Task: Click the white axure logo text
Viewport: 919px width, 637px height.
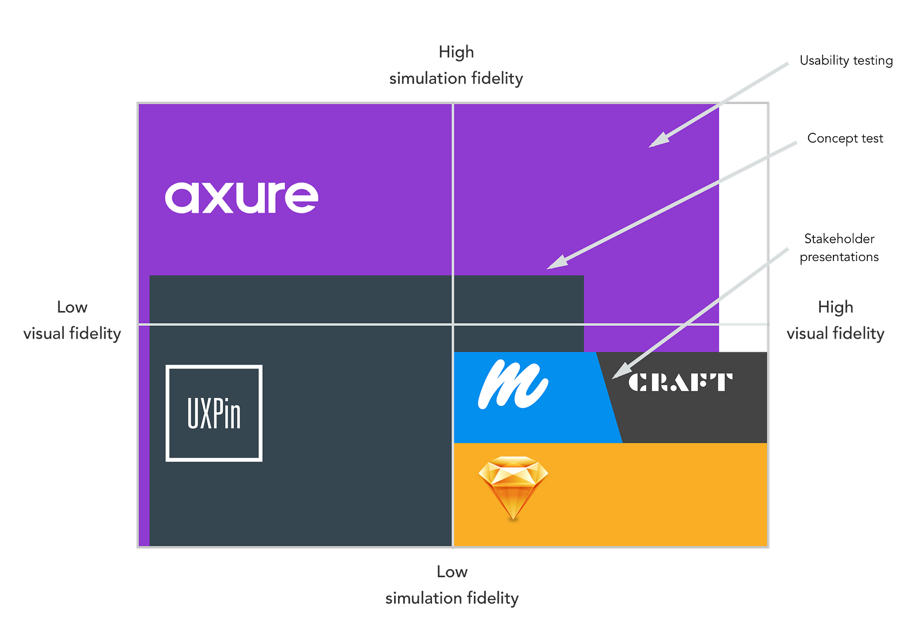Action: point(241,197)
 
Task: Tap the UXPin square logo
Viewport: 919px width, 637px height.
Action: point(214,413)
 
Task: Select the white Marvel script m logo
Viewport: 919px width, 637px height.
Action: point(512,384)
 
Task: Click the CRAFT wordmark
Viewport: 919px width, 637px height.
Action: point(680,382)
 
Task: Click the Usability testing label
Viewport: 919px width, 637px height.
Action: point(846,60)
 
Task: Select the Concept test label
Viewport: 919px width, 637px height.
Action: point(844,139)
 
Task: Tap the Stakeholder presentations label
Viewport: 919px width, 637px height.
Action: point(839,248)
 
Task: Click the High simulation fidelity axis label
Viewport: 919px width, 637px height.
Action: point(457,65)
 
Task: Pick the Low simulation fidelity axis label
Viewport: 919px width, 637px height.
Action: point(452,585)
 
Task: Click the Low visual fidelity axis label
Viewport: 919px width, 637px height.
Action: point(72,320)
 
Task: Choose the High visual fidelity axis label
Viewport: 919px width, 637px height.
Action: point(836,320)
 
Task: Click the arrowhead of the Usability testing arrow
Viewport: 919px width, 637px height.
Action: point(655,143)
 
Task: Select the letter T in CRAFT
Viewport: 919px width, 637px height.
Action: point(722,382)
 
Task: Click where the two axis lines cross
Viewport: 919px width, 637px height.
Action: point(453,325)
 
